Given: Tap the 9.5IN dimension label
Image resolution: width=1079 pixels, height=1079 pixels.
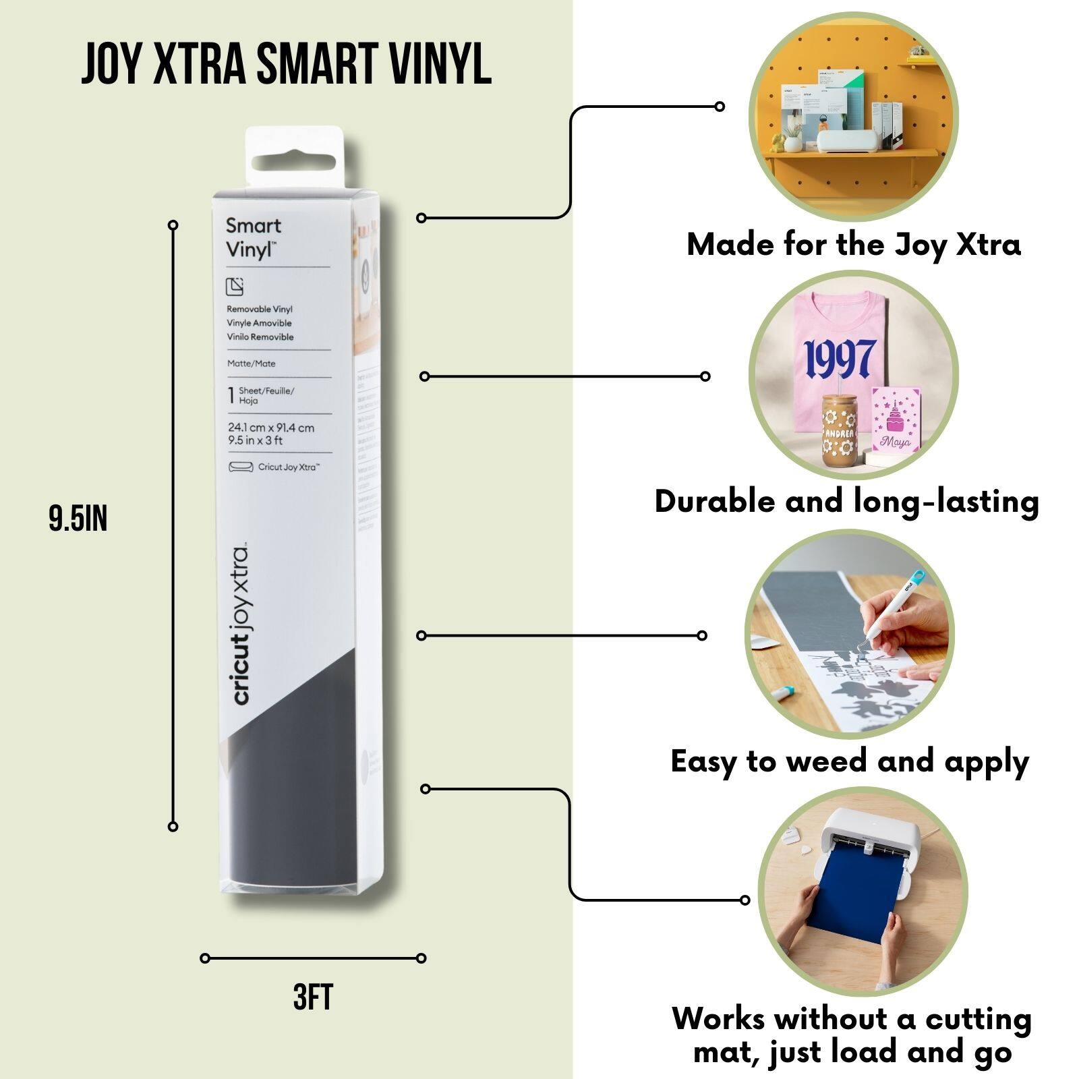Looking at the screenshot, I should click(78, 519).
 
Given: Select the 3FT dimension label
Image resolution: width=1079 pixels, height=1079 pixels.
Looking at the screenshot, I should click(313, 997).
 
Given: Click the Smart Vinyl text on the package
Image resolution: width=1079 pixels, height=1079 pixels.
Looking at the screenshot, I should click(253, 237).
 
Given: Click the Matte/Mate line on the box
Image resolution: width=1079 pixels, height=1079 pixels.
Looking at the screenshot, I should click(252, 363).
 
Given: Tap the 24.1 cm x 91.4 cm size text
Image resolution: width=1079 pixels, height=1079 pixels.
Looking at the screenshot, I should click(270, 428).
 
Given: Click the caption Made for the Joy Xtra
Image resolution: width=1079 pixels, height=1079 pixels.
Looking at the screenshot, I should click(853, 245).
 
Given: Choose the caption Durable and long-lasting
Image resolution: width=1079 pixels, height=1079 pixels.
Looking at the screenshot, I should click(846, 502).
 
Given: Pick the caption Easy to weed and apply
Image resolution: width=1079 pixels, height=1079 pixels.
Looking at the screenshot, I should click(850, 762).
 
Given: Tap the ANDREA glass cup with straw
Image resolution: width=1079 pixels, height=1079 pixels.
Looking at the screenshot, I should click(839, 432).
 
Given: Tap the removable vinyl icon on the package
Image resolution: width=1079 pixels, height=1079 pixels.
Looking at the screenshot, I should click(235, 287).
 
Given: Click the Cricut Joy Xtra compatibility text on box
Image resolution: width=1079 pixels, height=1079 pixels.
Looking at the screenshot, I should click(288, 467).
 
